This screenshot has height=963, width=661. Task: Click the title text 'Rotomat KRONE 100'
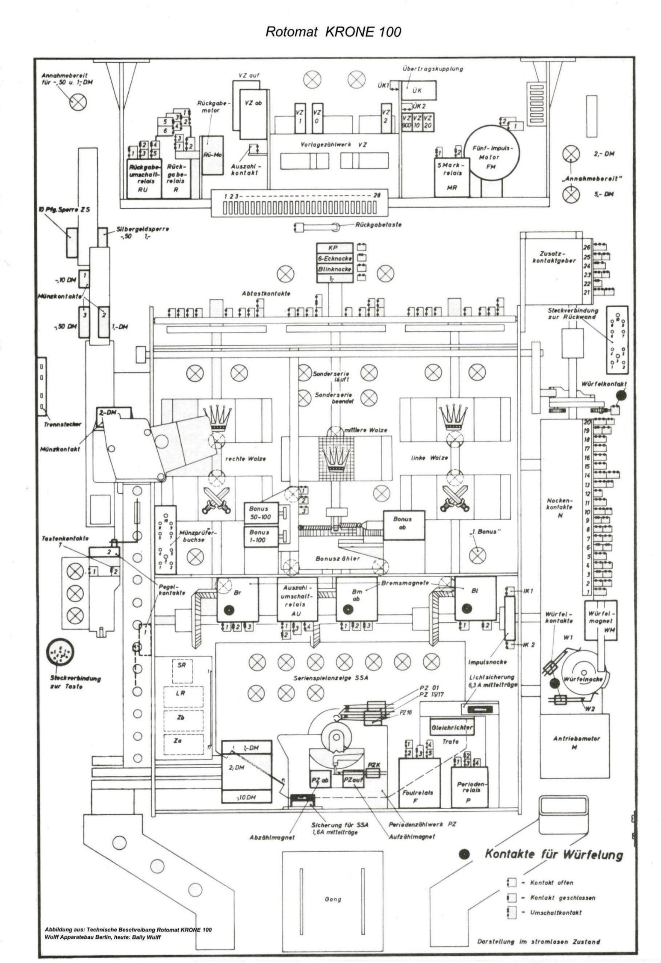(333, 32)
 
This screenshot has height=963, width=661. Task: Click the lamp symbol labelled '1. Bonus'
(477, 555)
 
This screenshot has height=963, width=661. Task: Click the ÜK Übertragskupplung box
(419, 90)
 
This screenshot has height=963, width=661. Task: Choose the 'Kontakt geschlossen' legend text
(562, 897)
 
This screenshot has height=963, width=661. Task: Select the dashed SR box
(182, 666)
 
